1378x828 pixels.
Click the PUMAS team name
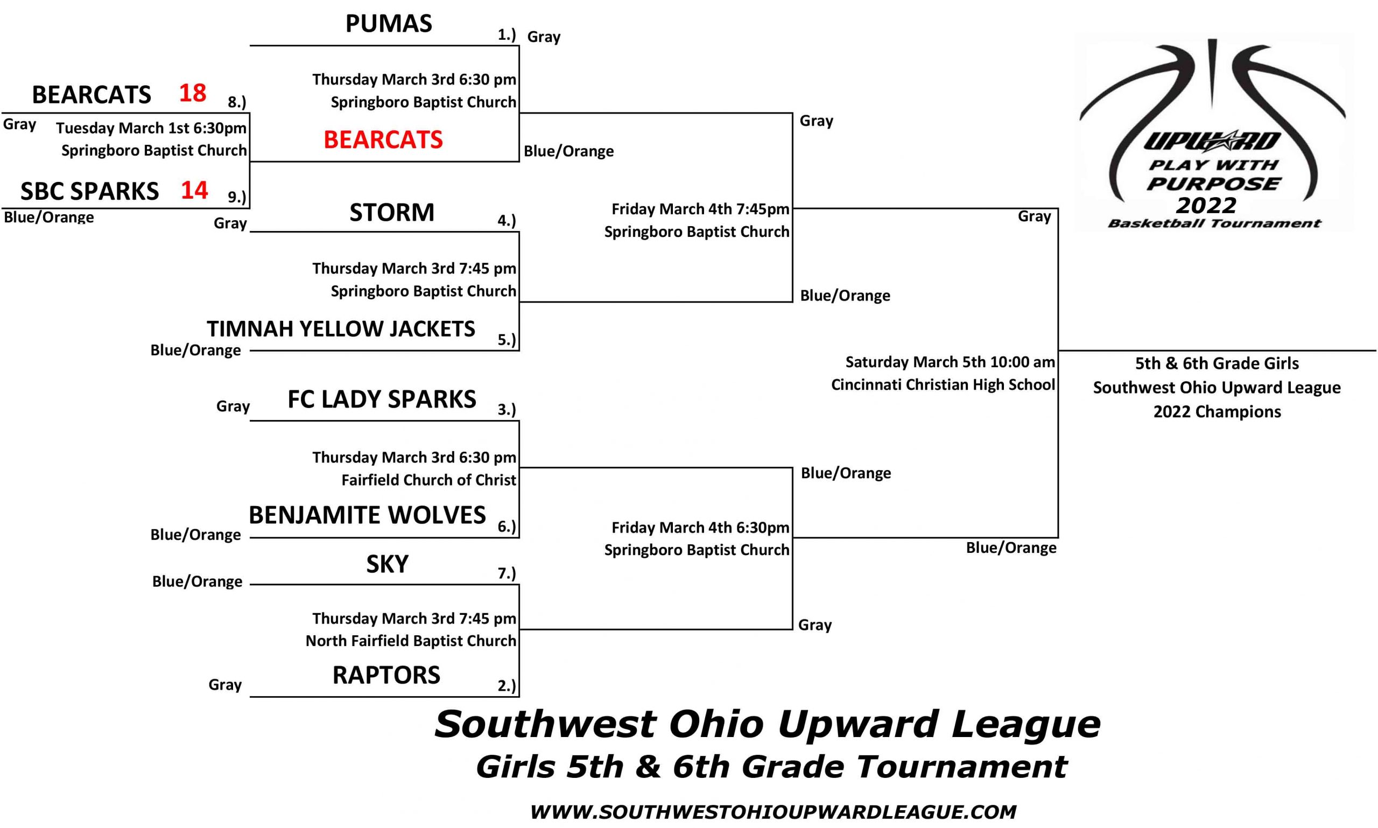[x=388, y=24]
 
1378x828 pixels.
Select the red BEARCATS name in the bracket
[x=383, y=139]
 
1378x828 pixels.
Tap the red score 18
[x=193, y=93]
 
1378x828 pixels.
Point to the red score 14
[x=194, y=190]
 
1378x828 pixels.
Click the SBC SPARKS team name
[x=90, y=191]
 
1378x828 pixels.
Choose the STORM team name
[x=392, y=213]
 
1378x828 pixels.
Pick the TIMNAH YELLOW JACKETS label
[x=341, y=328]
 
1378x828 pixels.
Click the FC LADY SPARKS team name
[x=382, y=399]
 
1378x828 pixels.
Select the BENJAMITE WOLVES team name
[x=367, y=515]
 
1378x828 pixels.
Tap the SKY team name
[x=387, y=564]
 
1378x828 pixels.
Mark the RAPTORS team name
[x=386, y=675]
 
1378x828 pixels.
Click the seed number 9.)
[x=237, y=197]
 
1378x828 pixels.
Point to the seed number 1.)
[x=507, y=34]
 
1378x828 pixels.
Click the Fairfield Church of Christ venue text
[x=428, y=480]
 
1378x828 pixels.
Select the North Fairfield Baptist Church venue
[x=411, y=641]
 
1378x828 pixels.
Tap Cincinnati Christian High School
[x=943, y=385]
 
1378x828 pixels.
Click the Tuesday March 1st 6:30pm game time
[x=151, y=128]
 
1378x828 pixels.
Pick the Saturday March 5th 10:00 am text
[x=950, y=362]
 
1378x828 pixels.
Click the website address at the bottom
[x=774, y=812]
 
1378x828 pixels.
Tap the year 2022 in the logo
[x=1206, y=205]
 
